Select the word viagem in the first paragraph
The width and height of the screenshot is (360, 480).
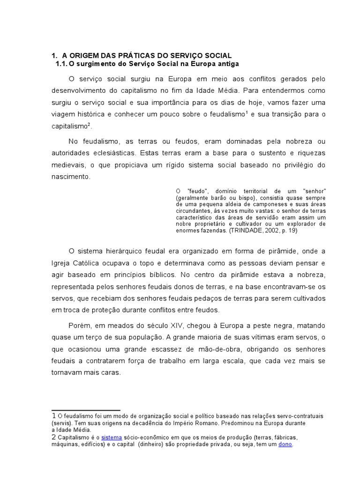tap(63, 114)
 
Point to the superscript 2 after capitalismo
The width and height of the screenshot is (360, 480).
tap(89, 124)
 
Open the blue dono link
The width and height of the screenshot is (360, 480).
tap(285, 444)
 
